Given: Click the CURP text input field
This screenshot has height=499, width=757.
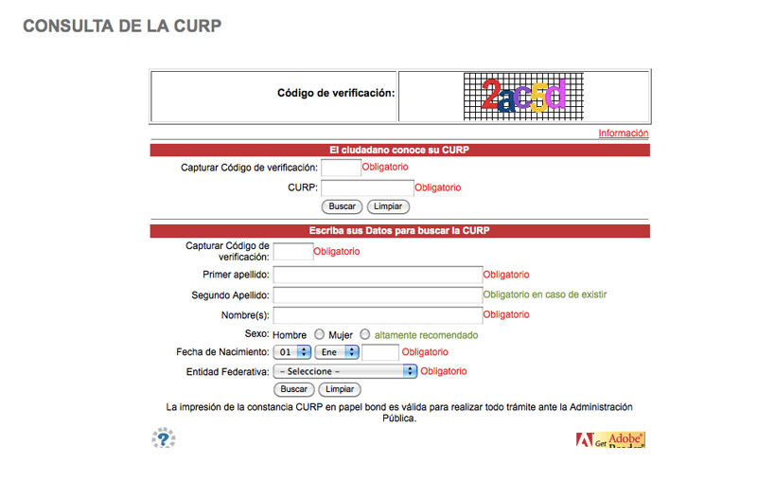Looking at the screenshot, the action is coord(367,187).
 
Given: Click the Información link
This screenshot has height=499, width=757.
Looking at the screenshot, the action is coord(624,134).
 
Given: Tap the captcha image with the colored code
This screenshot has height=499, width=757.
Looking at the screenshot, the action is coord(523,97).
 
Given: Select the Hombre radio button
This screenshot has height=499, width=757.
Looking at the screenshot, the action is coord(319,334).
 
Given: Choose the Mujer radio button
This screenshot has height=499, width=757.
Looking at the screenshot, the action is coord(365,334).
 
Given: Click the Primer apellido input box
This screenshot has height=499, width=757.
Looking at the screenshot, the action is coord(378,275).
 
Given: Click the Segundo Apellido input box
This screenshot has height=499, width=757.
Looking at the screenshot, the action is coord(378,295).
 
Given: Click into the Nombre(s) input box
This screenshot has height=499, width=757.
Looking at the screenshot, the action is coord(378,315).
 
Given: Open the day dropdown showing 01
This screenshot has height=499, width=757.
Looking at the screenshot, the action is coord(292,352).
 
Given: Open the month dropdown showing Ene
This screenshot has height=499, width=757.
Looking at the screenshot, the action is coord(337,352).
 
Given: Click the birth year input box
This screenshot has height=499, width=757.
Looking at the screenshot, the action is coord(380,352).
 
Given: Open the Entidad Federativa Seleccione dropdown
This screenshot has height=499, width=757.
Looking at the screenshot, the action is coord(345,371).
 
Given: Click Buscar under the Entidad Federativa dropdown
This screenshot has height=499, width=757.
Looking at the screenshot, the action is coord(294,389).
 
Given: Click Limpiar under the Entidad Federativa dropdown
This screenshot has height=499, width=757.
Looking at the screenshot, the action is coord(340,389).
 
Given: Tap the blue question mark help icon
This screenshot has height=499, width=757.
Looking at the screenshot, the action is coord(164,438).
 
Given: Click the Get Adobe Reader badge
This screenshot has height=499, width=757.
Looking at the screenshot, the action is coord(610,439).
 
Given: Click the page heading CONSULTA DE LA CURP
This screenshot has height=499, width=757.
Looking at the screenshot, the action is coord(122,27).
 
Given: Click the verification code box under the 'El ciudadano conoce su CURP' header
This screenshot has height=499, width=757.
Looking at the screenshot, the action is coord(341,168).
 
